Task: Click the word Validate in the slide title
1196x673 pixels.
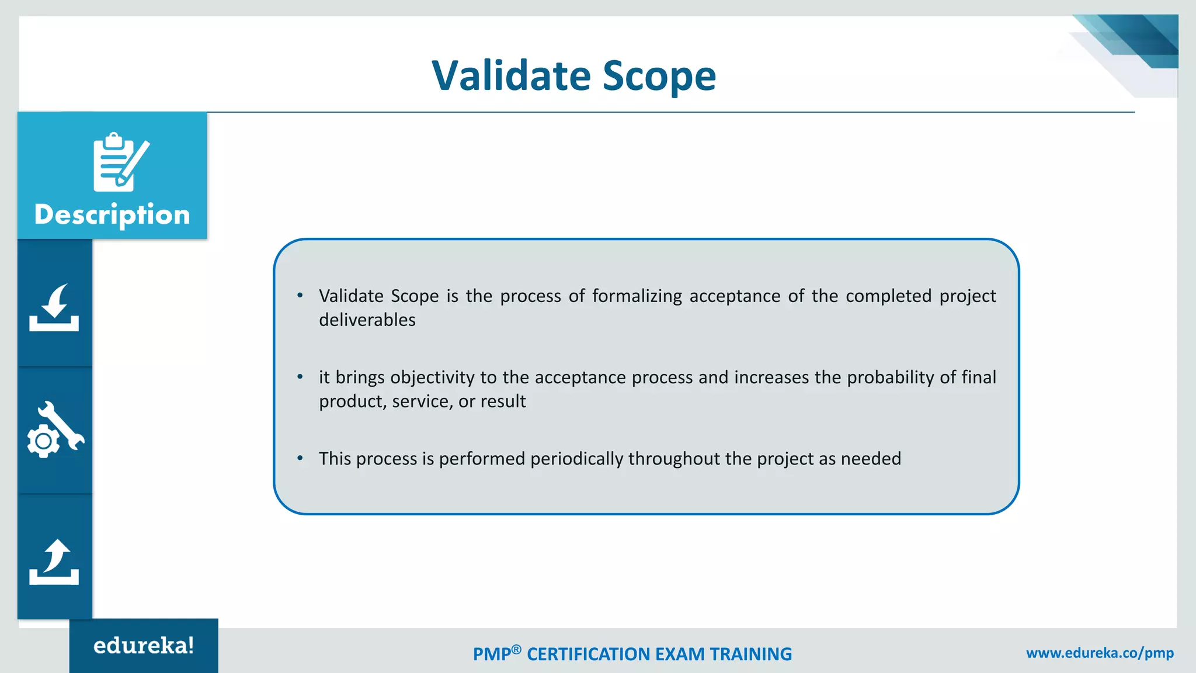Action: (511, 76)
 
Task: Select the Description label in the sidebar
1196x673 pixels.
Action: (112, 214)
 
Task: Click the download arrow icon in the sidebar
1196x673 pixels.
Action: (54, 308)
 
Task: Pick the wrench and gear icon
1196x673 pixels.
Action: (55, 430)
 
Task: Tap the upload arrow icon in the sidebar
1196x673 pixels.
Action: (54, 561)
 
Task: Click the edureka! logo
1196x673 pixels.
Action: (144, 646)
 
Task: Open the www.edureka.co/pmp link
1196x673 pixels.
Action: (1100, 653)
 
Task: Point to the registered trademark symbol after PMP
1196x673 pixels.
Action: (516, 649)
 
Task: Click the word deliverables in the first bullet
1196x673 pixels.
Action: (367, 320)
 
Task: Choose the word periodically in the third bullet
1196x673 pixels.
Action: (576, 459)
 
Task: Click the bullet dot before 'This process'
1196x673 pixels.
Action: (300, 458)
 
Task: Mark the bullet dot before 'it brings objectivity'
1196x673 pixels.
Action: (300, 377)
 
